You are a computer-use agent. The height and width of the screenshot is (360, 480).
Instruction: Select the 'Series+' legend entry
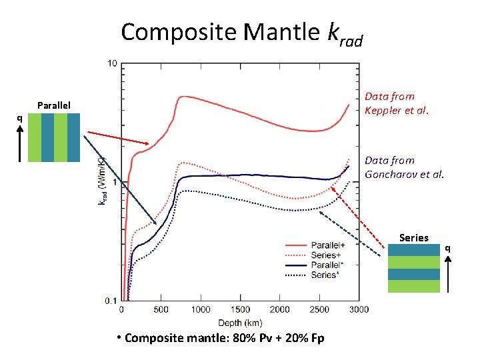click(323, 255)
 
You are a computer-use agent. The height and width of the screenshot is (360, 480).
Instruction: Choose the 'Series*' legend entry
click(323, 275)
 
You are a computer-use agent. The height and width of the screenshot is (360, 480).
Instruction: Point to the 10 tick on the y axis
click(112, 63)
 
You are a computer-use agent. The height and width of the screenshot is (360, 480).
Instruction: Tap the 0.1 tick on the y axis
click(111, 301)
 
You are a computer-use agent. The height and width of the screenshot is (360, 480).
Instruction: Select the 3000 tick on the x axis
click(359, 310)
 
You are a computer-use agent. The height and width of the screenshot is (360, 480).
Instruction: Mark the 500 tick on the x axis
click(161, 310)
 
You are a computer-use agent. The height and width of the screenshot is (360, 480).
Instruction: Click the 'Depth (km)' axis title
click(239, 320)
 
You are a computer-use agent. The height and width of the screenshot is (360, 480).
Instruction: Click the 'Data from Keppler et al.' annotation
click(397, 103)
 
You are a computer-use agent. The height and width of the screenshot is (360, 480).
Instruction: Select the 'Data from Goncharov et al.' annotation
click(404, 167)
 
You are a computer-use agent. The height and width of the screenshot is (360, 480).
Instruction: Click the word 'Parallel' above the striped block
click(54, 105)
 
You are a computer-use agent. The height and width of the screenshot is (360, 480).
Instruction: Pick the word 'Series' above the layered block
click(413, 237)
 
